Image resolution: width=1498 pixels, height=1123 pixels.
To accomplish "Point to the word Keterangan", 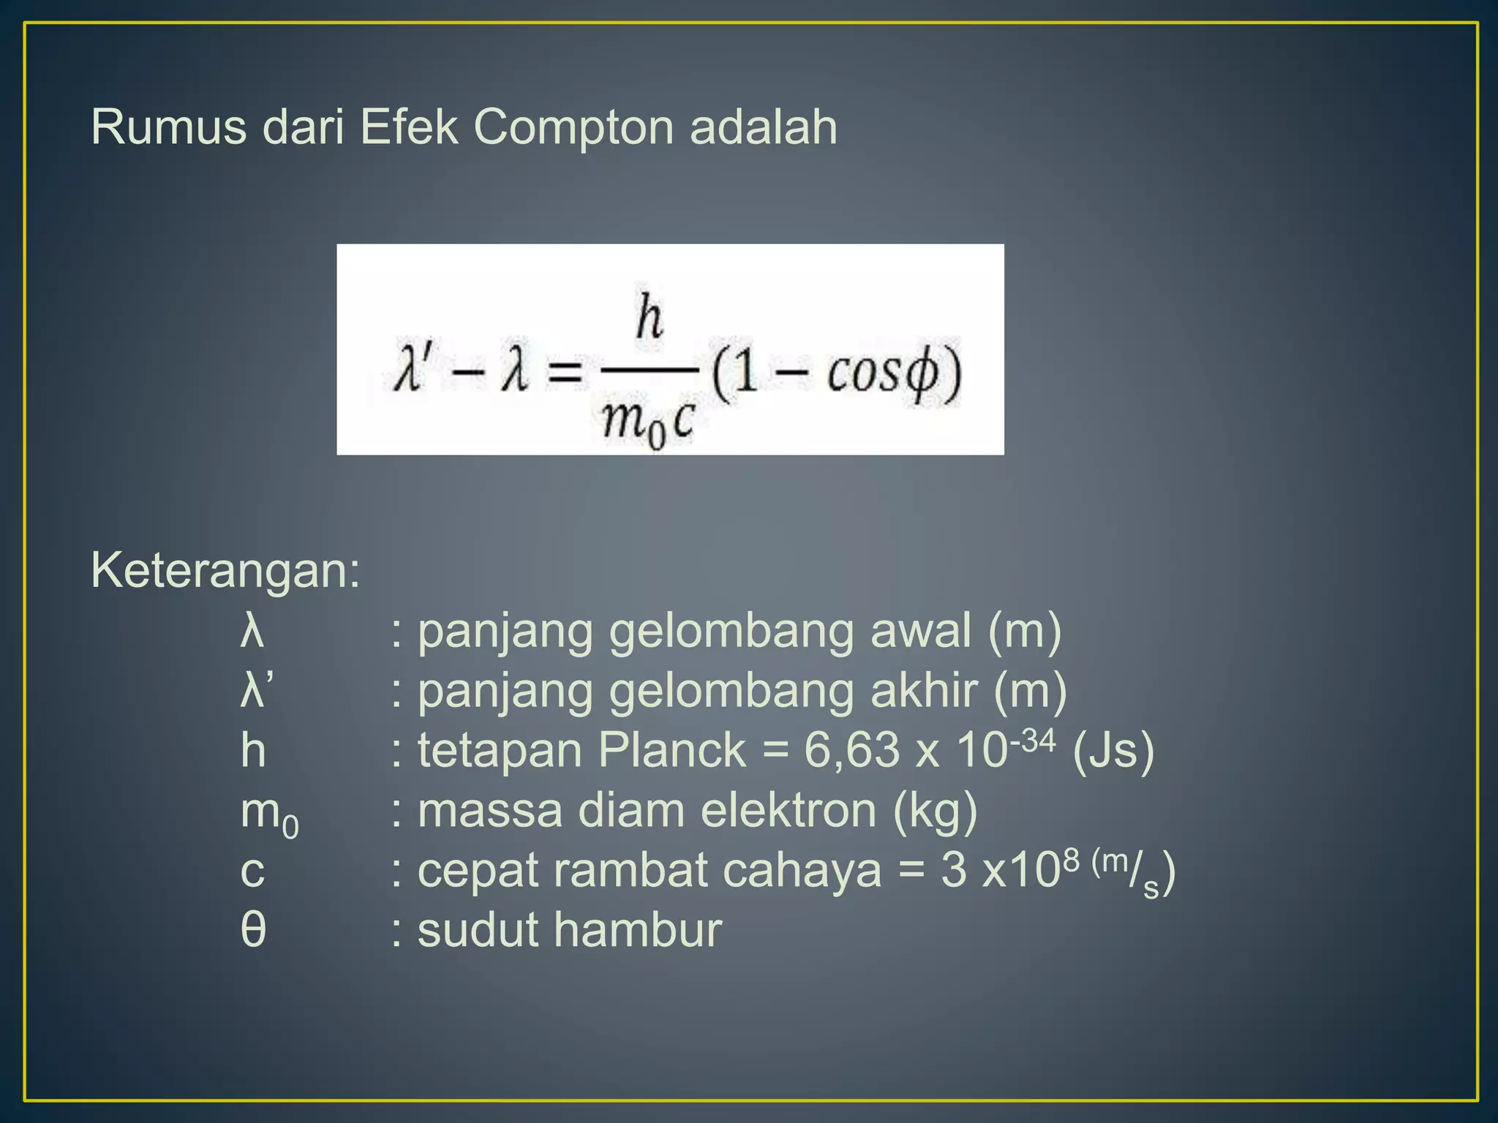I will click(x=225, y=570).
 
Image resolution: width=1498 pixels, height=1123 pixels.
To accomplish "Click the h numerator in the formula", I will click(x=649, y=318).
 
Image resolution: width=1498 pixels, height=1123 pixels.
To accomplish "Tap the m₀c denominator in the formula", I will click(x=648, y=423).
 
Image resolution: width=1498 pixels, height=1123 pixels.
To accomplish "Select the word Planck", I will click(x=671, y=750).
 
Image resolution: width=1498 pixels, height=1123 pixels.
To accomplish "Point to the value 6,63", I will click(x=851, y=750).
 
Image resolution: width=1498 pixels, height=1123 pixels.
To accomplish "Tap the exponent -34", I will click(x=1033, y=741).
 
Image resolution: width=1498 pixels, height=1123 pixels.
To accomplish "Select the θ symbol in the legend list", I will click(x=253, y=930).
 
